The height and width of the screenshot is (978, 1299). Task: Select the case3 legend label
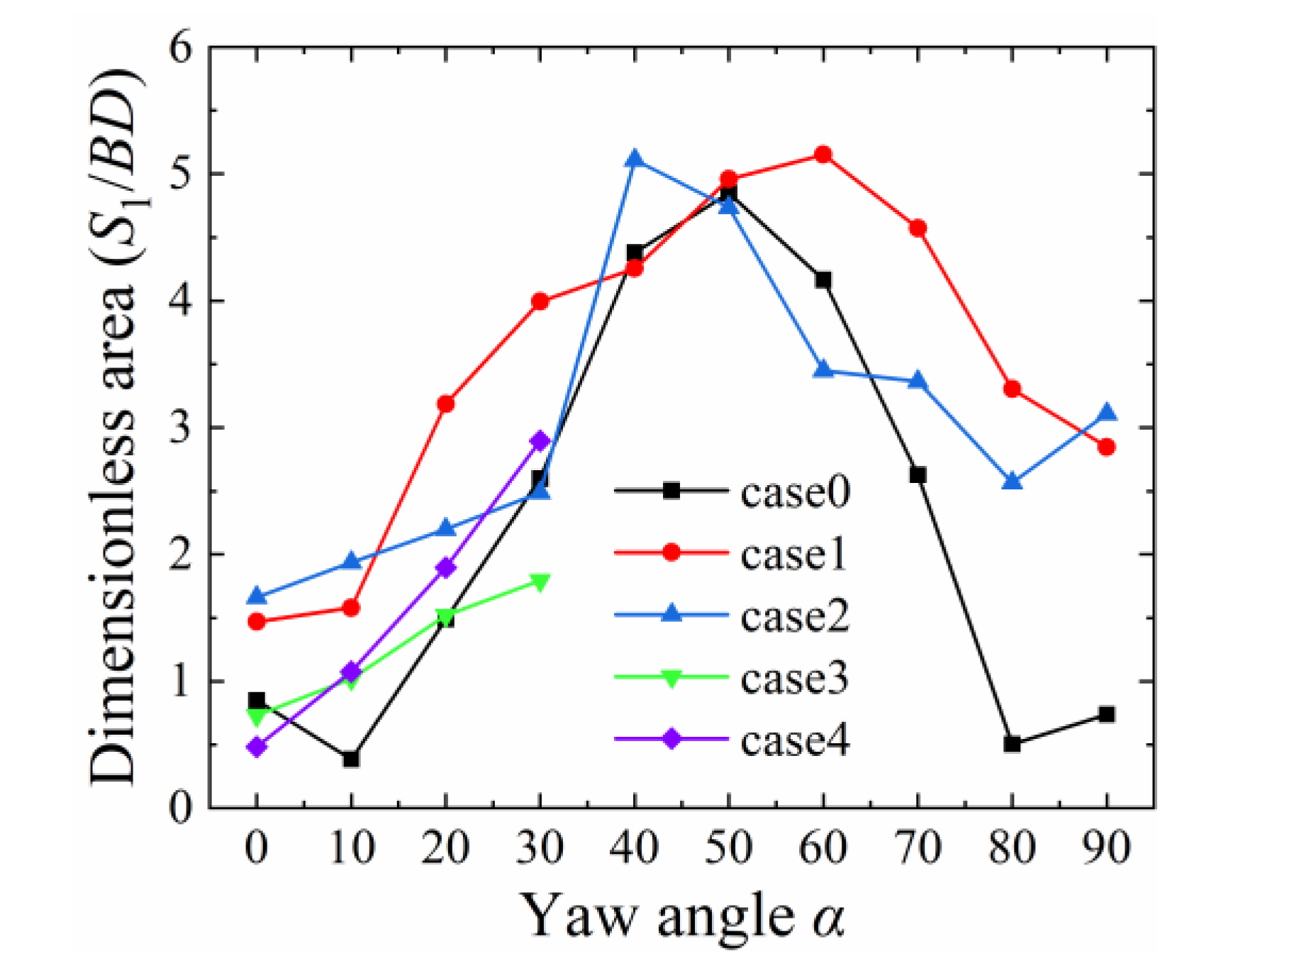[x=794, y=679]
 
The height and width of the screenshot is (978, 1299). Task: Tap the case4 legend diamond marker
[x=671, y=740]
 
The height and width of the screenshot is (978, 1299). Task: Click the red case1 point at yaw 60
[x=823, y=155]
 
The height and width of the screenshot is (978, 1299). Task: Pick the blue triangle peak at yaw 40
[x=635, y=159]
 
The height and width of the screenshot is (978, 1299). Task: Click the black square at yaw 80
[x=1012, y=744]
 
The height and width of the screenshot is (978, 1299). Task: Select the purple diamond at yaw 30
[x=540, y=440]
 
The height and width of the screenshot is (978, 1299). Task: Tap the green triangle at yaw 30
[x=540, y=582]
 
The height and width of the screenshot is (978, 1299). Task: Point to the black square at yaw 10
[x=351, y=759]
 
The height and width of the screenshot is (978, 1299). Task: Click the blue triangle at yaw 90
[x=1106, y=413]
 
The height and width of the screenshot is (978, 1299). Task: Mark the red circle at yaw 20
[x=445, y=404]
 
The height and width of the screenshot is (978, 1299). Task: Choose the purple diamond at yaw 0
[x=257, y=747]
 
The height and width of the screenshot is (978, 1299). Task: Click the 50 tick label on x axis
[x=728, y=847]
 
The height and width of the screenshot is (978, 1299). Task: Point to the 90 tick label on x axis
[x=1106, y=847]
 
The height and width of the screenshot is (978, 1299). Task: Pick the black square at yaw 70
[x=918, y=474]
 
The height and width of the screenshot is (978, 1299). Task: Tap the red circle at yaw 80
[x=1012, y=389]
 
